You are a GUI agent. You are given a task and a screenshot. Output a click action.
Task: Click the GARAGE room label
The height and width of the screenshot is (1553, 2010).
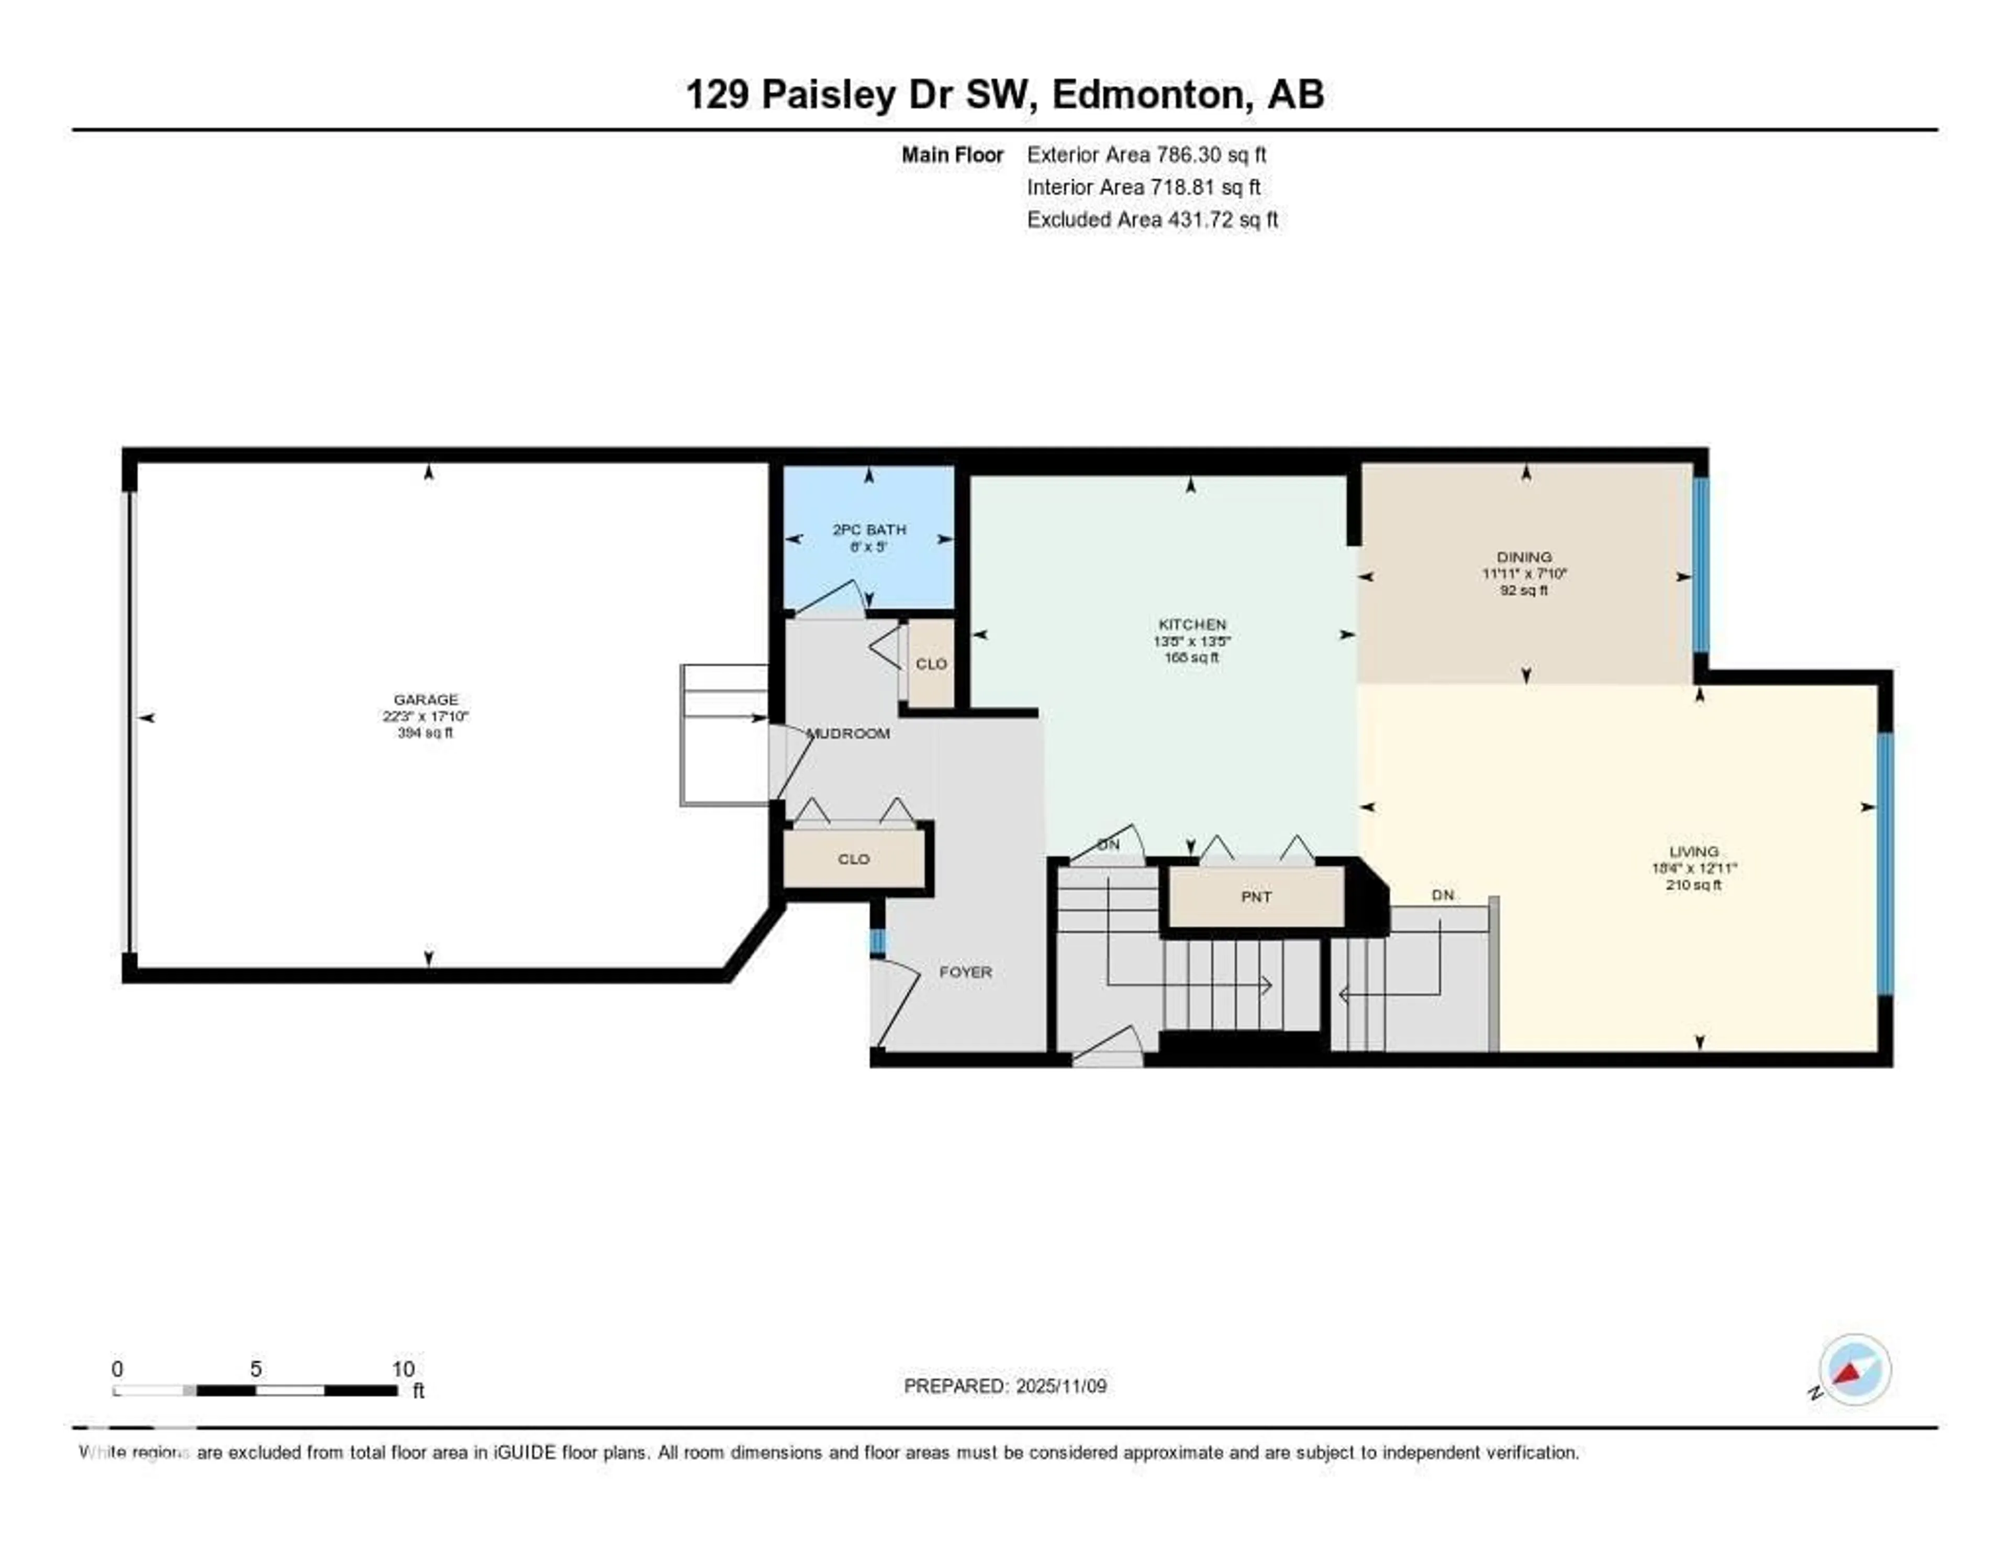pyautogui.click(x=425, y=700)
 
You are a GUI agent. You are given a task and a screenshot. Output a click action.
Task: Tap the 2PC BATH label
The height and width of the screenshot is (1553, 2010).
pyautogui.click(x=869, y=529)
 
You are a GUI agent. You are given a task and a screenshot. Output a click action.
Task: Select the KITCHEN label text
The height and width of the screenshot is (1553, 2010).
pyautogui.click(x=1192, y=624)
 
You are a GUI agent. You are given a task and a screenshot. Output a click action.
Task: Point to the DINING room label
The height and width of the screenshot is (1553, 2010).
pyautogui.click(x=1524, y=557)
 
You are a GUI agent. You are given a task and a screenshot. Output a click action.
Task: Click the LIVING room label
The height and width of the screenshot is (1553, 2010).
pyautogui.click(x=1693, y=851)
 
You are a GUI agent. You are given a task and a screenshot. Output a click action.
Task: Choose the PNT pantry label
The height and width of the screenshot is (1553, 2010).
pyautogui.click(x=1256, y=896)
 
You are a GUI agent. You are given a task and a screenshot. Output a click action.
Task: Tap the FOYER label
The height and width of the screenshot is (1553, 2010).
pyautogui.click(x=965, y=972)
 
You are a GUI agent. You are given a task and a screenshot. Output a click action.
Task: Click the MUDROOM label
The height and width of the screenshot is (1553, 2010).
pyautogui.click(x=848, y=734)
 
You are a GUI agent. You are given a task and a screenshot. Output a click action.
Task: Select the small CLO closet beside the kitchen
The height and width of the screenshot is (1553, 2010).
pyautogui.click(x=931, y=664)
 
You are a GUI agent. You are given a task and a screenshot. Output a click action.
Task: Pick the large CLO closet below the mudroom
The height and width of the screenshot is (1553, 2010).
pyautogui.click(x=853, y=859)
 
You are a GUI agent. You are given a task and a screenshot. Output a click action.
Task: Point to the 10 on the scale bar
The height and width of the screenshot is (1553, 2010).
pyautogui.click(x=403, y=1369)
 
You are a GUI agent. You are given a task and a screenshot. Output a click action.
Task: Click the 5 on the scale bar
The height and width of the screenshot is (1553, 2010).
pyautogui.click(x=256, y=1369)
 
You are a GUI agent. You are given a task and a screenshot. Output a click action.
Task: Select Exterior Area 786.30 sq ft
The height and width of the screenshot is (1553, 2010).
pyautogui.click(x=1146, y=154)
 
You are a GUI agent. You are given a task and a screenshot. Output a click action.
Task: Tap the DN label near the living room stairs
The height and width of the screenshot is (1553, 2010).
pyautogui.click(x=1442, y=895)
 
